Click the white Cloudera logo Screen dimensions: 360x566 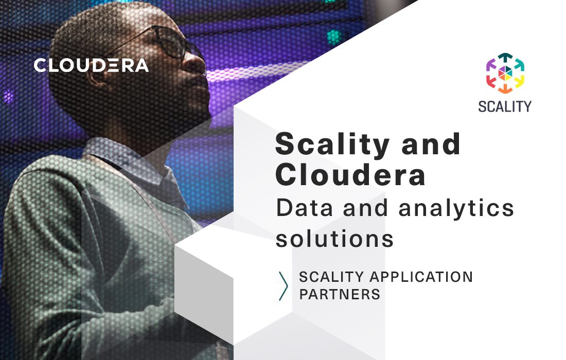pos(91,65)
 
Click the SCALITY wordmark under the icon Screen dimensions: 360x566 pos(504,106)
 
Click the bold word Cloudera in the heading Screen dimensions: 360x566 pos(350,175)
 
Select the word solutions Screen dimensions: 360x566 pos(335,239)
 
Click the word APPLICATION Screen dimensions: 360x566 pos(421,277)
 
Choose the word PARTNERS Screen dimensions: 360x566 pos(340,295)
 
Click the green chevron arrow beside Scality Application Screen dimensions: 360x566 pos(283,286)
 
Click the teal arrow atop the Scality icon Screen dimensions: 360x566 pos(505,57)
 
